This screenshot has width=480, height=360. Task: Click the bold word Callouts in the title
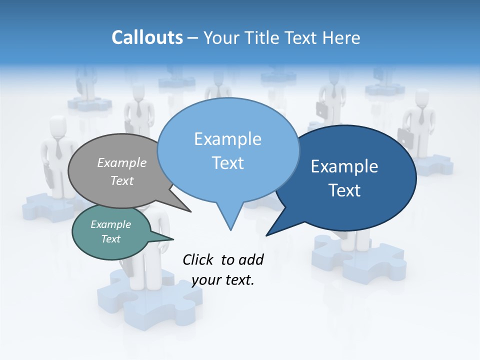(147, 37)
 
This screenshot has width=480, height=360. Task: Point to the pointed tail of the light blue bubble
(230, 222)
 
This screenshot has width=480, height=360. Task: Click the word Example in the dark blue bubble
(344, 166)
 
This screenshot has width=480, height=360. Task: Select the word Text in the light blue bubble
(228, 163)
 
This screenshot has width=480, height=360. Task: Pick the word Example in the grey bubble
(122, 162)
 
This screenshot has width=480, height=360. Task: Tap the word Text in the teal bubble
(111, 239)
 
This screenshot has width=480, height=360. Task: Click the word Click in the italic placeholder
(198, 259)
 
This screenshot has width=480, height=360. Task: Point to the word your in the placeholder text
(206, 280)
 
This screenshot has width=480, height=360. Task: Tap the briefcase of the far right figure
(405, 138)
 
